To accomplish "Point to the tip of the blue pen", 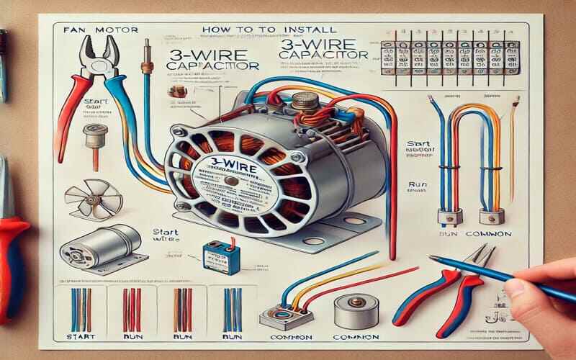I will point(431,257).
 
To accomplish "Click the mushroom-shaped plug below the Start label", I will point(91,137).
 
